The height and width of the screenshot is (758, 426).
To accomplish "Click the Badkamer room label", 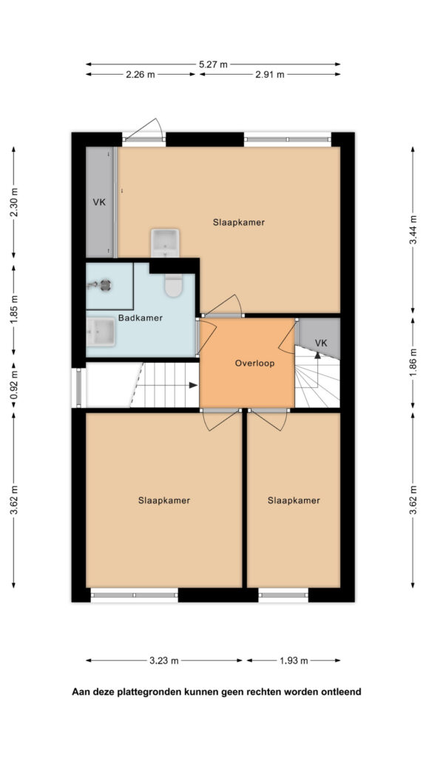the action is (140, 318).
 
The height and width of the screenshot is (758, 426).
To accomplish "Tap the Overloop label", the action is (254, 363).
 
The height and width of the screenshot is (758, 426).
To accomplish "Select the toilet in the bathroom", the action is (173, 285).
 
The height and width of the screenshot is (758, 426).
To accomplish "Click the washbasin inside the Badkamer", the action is (101, 332).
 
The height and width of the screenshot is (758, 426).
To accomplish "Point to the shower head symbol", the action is (104, 285).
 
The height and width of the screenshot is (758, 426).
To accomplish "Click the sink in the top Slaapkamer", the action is (165, 243).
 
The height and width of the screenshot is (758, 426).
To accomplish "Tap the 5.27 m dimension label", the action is (213, 64).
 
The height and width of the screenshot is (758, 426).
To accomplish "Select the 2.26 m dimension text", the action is (141, 75).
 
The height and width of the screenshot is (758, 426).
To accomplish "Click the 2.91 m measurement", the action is (270, 75).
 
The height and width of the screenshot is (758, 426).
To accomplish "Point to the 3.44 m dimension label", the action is (413, 230).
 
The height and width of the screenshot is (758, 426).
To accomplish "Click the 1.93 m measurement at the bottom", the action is (294, 661).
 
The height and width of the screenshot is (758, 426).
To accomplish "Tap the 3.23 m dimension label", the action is (165, 661).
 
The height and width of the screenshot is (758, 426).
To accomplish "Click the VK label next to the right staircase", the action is (321, 343).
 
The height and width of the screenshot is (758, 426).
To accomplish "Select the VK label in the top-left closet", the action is (99, 202).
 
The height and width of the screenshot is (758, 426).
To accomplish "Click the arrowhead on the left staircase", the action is (193, 385).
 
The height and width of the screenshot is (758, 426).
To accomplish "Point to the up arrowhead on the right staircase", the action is (317, 355).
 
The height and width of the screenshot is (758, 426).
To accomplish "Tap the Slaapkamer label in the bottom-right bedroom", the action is (294, 500).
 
